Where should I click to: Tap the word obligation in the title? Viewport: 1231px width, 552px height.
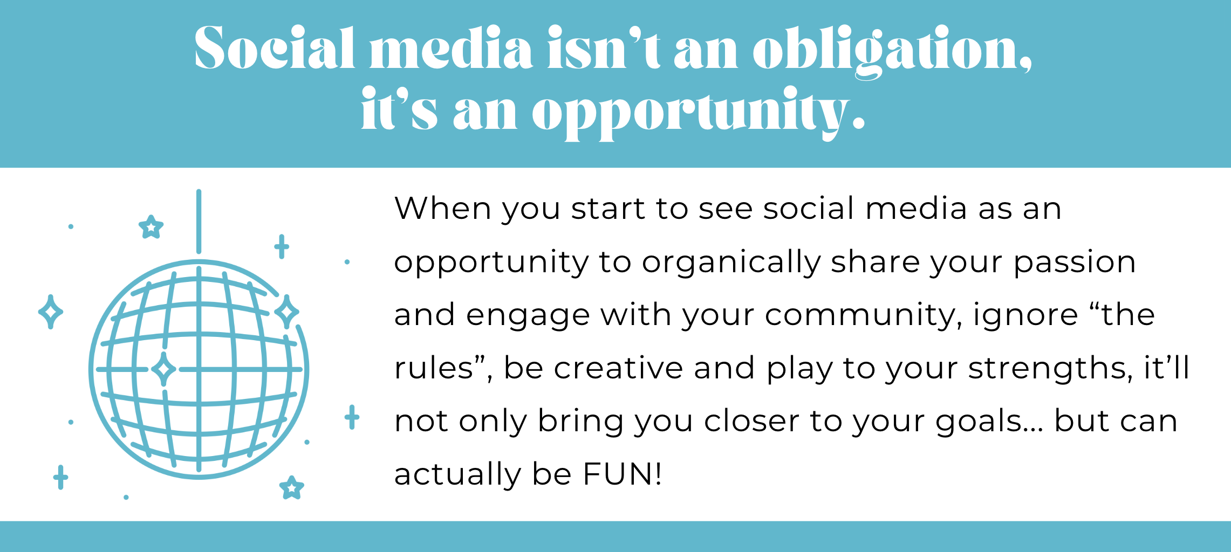point(892,52)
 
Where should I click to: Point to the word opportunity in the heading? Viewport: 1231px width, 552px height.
point(699,113)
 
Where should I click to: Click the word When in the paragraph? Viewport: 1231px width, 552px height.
point(442,208)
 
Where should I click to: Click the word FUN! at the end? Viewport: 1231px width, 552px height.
point(622,474)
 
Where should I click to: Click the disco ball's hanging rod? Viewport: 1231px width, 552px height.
point(199,221)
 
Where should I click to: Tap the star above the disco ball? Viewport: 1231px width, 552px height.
point(151,227)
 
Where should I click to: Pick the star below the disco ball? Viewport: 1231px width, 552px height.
point(292,488)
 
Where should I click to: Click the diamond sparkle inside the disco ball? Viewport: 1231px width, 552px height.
point(163,369)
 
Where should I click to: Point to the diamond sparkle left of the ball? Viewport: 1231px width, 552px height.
point(51,312)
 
